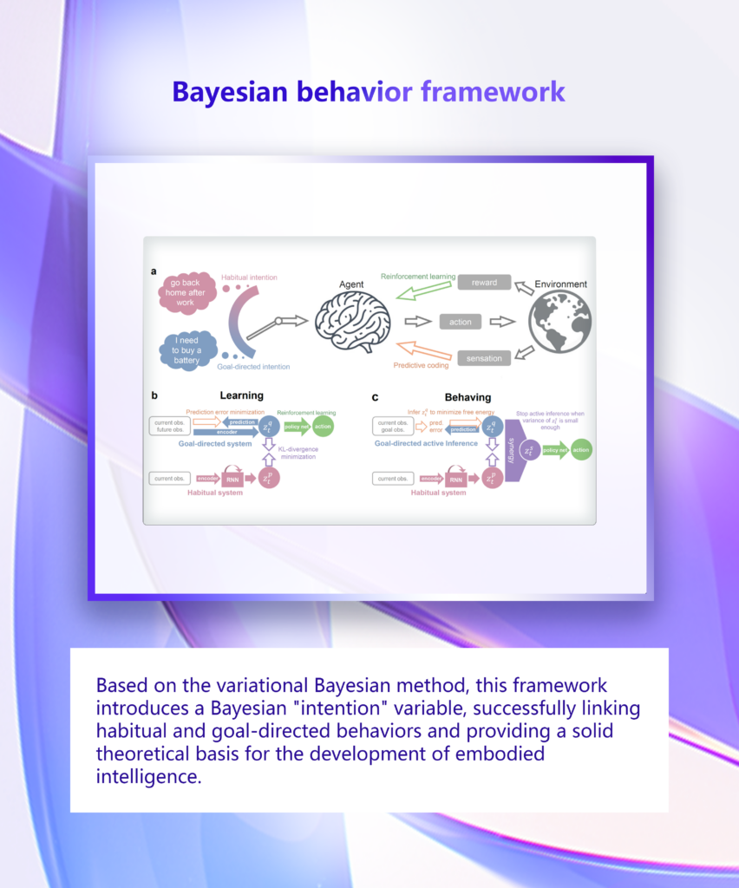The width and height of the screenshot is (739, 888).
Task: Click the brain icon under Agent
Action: click(x=352, y=321)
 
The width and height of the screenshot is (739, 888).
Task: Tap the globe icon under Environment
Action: click(x=559, y=322)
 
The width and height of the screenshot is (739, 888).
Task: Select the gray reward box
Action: click(x=484, y=283)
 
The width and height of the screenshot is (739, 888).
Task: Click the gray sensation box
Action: click(x=484, y=357)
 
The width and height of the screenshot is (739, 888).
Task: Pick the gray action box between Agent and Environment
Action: click(x=461, y=322)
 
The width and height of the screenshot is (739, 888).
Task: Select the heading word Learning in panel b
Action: click(x=241, y=395)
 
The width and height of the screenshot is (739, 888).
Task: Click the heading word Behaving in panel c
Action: click(x=468, y=396)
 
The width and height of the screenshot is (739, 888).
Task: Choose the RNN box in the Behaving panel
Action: click(x=456, y=478)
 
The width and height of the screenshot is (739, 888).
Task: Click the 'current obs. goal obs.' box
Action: click(x=393, y=426)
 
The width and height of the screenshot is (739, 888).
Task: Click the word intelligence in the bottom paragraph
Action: click(x=148, y=776)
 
